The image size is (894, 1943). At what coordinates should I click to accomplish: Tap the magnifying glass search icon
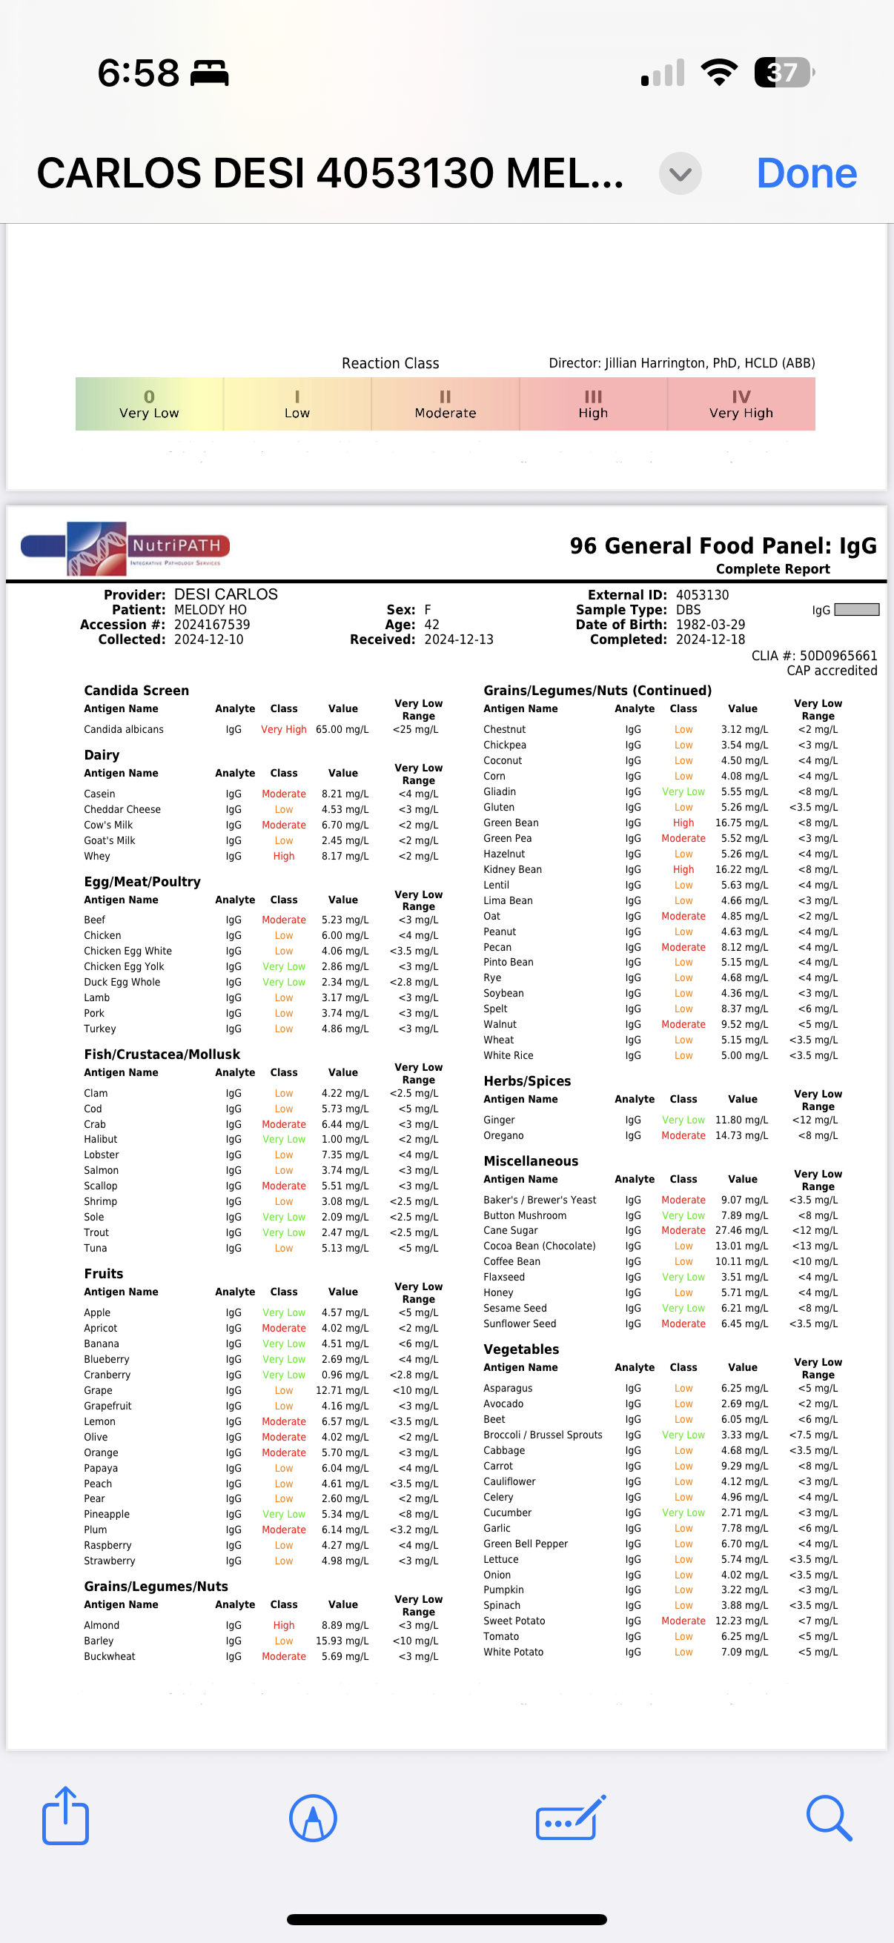[x=828, y=1817]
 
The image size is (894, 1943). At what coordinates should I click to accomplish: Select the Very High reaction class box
[x=741, y=405]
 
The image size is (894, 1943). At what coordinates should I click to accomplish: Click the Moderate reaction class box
[x=445, y=405]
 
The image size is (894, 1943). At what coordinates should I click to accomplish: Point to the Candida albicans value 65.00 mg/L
[x=342, y=729]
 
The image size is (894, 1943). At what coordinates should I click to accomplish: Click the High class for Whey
[x=284, y=856]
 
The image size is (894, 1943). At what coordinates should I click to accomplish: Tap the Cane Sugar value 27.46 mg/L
[x=741, y=1230]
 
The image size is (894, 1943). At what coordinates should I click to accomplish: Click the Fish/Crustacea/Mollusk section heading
[x=162, y=1054]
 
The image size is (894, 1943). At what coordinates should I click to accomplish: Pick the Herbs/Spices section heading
[x=526, y=1081]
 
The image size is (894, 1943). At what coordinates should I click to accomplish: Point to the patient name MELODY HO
[x=211, y=609]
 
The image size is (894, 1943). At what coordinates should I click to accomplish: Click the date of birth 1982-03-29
[x=710, y=625]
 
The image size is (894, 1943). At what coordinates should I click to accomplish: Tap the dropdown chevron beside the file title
[x=680, y=173]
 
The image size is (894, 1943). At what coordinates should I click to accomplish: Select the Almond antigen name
[x=101, y=1625]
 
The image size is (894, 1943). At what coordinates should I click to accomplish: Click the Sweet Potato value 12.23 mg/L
[x=741, y=1621]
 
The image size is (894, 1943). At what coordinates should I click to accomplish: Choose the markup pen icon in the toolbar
[x=312, y=1817]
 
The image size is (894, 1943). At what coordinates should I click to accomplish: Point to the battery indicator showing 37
[x=784, y=73]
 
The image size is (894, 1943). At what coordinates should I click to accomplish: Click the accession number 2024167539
[x=212, y=625]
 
